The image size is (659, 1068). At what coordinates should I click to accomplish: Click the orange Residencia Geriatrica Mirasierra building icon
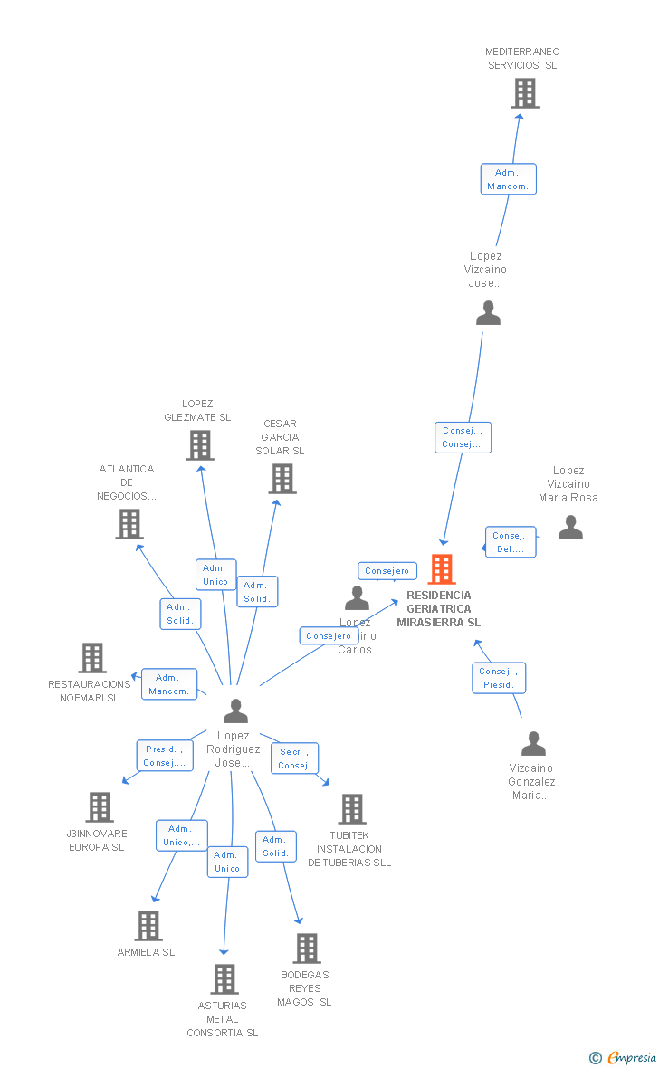coord(442,569)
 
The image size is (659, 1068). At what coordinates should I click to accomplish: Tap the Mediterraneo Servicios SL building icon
coord(524,93)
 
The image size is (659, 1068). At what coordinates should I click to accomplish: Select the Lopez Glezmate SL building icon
coord(200,445)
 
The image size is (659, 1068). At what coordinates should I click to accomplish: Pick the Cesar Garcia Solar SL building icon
coord(282,479)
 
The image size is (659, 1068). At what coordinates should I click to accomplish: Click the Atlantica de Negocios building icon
coord(129,524)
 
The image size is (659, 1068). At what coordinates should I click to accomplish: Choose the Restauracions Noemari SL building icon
coord(92,658)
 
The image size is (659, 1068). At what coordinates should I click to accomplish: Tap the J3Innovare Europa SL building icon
coord(99,807)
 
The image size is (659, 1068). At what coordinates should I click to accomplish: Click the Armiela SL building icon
coord(148,926)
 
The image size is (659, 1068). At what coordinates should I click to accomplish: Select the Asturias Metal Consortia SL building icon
coord(224,979)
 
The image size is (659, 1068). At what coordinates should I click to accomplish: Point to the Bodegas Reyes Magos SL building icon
coord(307,949)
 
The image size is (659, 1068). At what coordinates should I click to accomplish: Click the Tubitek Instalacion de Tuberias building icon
coord(351,809)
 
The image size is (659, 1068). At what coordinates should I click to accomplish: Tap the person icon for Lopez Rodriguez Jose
coord(235,711)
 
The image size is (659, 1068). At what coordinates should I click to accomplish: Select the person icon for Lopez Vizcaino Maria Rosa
coord(570,528)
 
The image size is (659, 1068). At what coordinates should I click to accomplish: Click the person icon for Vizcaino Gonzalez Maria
coord(533,744)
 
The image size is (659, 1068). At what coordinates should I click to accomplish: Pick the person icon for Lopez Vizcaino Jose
coord(488,313)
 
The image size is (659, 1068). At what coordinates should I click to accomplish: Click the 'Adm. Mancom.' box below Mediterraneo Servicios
coord(508,179)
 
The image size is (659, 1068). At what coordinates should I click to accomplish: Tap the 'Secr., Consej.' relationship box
coord(294,758)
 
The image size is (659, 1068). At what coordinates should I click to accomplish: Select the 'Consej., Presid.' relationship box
coord(499,678)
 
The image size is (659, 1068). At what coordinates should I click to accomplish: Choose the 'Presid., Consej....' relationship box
coord(165,756)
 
